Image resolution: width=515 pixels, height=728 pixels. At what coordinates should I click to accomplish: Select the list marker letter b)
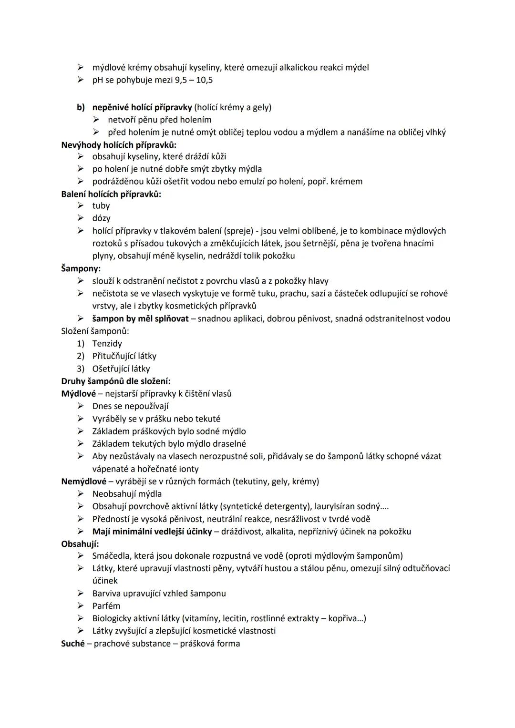click(x=81, y=107)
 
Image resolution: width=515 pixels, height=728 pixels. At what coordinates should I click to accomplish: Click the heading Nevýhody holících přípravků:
click(x=119, y=144)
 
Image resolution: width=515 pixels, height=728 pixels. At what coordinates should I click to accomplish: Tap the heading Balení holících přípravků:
click(x=111, y=194)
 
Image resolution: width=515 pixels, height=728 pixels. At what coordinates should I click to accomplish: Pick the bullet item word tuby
click(x=101, y=206)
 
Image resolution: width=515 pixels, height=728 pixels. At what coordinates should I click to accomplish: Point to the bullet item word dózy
click(x=102, y=218)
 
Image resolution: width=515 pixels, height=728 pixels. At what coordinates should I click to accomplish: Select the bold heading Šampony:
click(x=81, y=269)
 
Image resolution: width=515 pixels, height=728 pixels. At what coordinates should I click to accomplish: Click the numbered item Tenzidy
click(x=107, y=344)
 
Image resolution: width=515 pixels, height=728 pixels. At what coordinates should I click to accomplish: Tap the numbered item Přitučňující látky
click(x=124, y=356)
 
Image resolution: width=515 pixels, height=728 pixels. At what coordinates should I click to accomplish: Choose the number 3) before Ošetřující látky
click(x=81, y=369)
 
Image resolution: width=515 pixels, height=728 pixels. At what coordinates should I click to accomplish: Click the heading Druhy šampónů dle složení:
click(x=116, y=381)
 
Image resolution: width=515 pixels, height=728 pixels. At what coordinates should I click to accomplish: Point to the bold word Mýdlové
click(x=79, y=394)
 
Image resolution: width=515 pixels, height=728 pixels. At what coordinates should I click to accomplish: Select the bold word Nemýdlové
click(x=84, y=482)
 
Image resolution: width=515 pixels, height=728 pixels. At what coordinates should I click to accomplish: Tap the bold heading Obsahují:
click(x=80, y=544)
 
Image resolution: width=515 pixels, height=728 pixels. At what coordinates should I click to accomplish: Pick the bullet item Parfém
click(x=106, y=606)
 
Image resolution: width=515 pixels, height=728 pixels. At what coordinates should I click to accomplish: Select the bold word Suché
click(x=73, y=644)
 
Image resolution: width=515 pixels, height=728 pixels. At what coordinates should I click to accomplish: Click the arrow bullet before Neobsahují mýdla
click(x=81, y=494)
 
